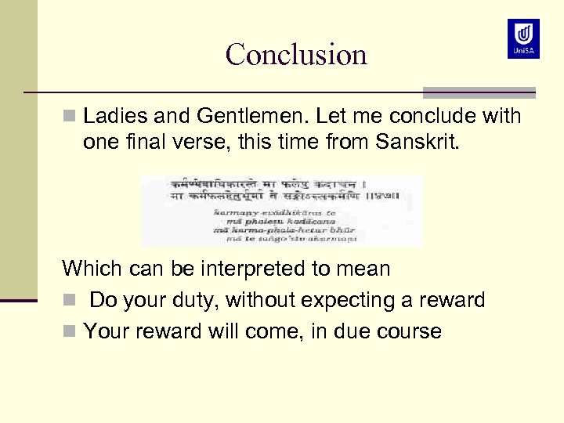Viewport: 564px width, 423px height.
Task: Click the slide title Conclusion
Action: point(296,54)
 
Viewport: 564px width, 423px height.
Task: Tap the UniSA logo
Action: point(523,38)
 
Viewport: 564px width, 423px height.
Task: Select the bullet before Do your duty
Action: point(68,301)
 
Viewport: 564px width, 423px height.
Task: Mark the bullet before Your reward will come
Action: point(68,332)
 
